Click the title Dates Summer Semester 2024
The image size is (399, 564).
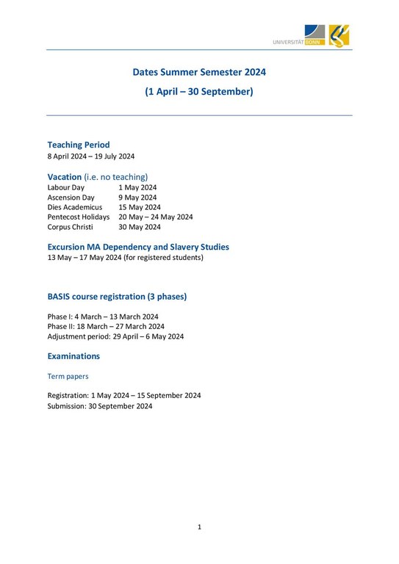[199, 73]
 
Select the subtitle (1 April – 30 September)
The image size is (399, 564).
[199, 92]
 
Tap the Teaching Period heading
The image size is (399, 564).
[79, 145]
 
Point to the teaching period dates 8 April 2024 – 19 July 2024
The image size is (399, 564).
[91, 156]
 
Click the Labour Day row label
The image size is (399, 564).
[66, 187]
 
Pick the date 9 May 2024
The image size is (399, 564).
[137, 198]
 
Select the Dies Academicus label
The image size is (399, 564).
[76, 207]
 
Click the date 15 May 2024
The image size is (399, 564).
[140, 207]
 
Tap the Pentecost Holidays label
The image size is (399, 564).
[79, 217]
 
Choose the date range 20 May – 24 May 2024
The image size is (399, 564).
[156, 217]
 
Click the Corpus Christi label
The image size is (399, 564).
[71, 227]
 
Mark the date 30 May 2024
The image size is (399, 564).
[140, 227]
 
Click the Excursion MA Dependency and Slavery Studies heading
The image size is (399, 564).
[138, 247]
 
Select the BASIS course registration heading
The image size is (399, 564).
[117, 297]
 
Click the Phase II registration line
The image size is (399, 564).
[106, 326]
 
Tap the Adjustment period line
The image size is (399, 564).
[115, 336]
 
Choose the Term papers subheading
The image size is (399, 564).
[68, 376]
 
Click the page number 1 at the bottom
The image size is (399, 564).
[199, 527]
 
